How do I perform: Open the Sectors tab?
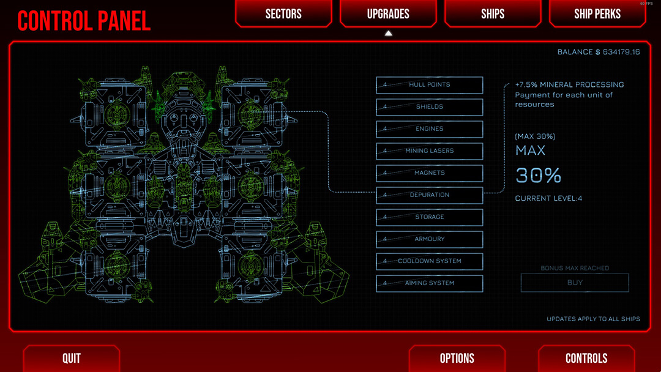283,13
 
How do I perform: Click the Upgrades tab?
388,13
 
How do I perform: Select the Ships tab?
493,13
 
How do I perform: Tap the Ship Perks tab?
597,13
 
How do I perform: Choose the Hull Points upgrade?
429,85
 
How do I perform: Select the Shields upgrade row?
429,107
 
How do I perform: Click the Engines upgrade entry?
429,129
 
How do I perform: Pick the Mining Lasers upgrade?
429,151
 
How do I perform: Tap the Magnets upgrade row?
429,173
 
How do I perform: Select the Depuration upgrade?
429,195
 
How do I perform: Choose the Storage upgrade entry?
429,217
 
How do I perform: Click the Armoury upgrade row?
429,239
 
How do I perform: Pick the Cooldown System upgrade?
429,261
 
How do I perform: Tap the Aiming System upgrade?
429,283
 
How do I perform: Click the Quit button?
72,359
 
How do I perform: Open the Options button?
457,359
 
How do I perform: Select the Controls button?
586,359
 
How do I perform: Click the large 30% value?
538,176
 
